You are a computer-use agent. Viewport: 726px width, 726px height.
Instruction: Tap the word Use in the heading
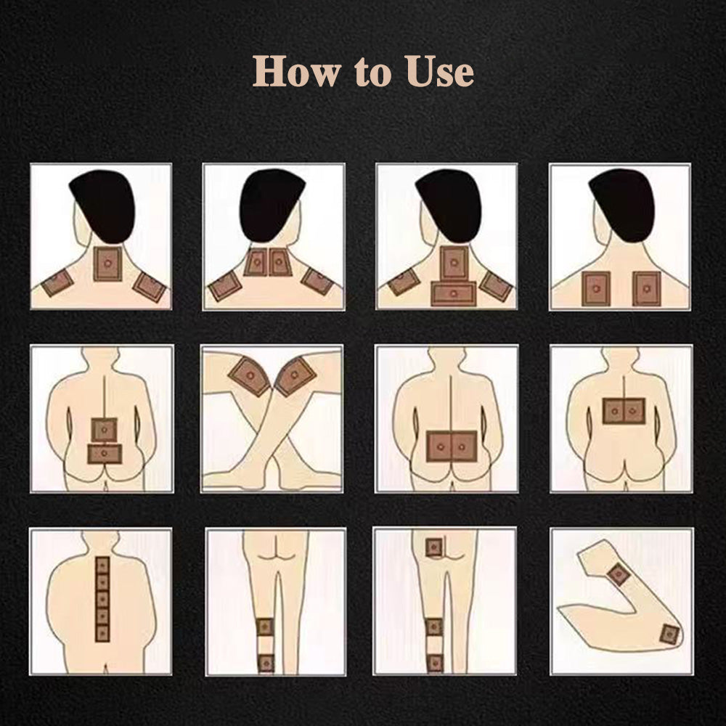click(x=440, y=71)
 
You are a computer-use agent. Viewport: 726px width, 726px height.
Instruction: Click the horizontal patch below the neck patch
click(x=453, y=293)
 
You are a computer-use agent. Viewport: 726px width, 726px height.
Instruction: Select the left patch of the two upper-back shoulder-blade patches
click(x=596, y=288)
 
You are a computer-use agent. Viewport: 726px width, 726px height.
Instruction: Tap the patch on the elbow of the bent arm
click(x=670, y=635)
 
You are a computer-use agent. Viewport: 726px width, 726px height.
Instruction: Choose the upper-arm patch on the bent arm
click(x=618, y=575)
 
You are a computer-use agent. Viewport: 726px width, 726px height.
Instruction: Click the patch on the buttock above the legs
click(x=434, y=547)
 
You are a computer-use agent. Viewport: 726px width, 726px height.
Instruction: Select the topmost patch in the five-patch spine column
click(x=102, y=566)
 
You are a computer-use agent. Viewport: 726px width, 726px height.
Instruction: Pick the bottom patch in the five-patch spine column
click(x=102, y=632)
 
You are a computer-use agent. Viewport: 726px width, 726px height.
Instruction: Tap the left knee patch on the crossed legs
click(x=250, y=376)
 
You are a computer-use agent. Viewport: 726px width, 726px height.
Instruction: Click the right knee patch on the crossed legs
click(x=295, y=376)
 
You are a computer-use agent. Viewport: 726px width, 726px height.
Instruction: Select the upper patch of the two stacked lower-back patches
click(x=104, y=430)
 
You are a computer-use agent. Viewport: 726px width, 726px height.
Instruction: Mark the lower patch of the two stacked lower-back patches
click(x=105, y=454)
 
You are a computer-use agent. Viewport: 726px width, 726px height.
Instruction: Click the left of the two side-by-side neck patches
click(x=256, y=263)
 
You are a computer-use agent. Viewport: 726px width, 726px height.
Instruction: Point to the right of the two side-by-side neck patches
click(x=280, y=263)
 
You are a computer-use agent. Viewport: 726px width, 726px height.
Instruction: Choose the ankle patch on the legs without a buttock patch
click(x=265, y=663)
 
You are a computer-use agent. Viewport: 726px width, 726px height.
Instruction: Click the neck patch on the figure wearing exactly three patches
click(x=108, y=264)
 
